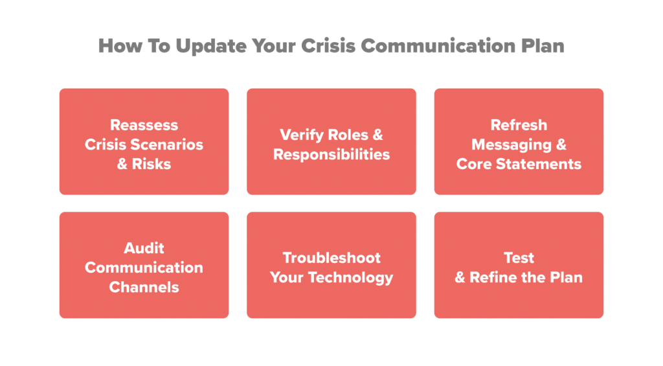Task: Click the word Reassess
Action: pos(144,125)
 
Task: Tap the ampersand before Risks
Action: pos(122,164)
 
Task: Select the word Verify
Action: pos(301,135)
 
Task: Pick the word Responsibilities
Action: pos(331,154)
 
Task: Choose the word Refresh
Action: pos(519,125)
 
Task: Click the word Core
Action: pos(475,164)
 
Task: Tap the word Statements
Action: pos(539,164)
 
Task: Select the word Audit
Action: pos(144,248)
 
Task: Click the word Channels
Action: pos(144,287)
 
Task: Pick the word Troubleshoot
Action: pos(331,258)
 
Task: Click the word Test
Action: pos(519,258)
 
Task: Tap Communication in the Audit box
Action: pos(144,268)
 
